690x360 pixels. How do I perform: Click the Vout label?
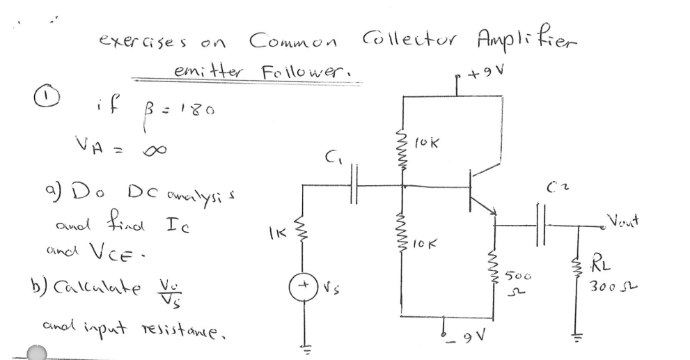coord(625,219)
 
